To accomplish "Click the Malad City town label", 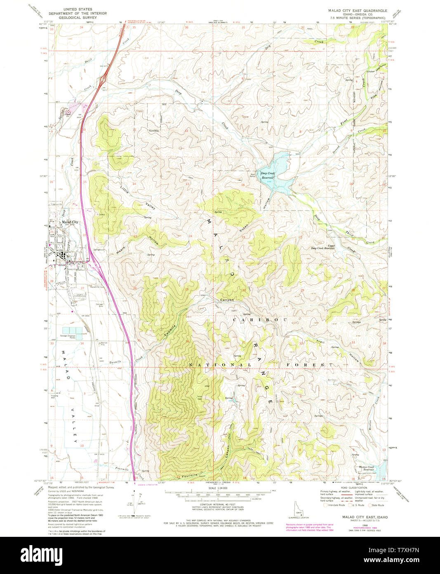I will [69, 222].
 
